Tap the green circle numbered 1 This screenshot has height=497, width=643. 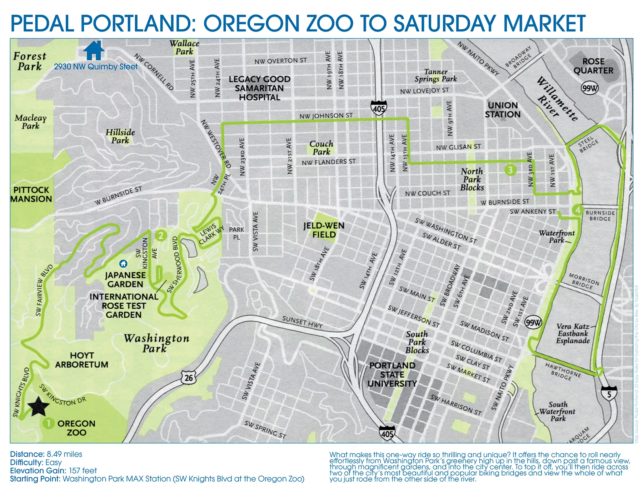coord(48,423)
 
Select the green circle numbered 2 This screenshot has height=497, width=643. coord(161,235)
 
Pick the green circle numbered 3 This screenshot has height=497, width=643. coord(510,170)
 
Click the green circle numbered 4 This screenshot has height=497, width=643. coord(578,210)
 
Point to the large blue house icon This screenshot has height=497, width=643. coord(94,50)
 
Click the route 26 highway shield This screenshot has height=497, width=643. coord(189,378)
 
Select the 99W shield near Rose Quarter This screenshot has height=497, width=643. coord(590,88)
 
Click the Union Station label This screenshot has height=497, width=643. coord(503,110)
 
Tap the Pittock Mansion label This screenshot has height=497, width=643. coord(31,194)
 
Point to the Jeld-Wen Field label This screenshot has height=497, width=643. coord(324,230)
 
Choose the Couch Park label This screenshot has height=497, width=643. coord(321,148)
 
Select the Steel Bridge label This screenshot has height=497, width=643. coord(588,144)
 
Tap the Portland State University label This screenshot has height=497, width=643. coord(392,374)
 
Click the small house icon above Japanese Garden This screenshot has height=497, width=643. coord(123,264)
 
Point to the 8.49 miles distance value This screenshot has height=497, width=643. coord(64,454)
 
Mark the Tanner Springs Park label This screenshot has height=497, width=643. coord(435,75)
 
